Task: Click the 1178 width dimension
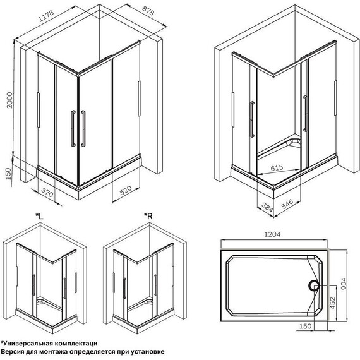click(46, 16)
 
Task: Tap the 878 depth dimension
click(148, 11)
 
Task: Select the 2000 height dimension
click(9, 100)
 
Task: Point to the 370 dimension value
click(47, 192)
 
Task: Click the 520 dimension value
click(126, 190)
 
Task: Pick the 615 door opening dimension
click(277, 168)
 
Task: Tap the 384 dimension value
click(267, 207)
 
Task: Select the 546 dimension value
click(287, 204)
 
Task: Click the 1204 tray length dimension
click(272, 234)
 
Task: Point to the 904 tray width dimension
click(344, 284)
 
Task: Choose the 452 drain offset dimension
click(332, 303)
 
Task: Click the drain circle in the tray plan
click(313, 286)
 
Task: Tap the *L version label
click(39, 216)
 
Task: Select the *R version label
click(148, 216)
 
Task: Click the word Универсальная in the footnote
click(27, 344)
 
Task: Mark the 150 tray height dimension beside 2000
click(8, 174)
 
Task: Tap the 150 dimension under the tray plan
click(305, 326)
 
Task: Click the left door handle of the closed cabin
click(73, 128)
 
